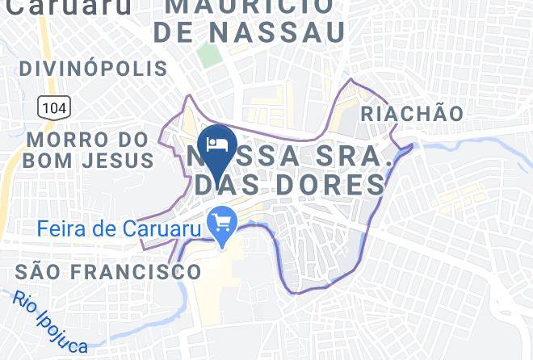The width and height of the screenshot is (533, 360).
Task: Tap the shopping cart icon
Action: (x=221, y=220)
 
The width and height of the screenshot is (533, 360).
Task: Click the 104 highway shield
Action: (x=53, y=107)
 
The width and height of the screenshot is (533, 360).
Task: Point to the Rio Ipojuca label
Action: (x=50, y=321)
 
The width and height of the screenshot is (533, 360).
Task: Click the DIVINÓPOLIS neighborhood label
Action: (x=93, y=69)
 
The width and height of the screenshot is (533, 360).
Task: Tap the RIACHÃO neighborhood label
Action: (x=412, y=114)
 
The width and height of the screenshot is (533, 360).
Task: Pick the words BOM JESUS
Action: (x=88, y=160)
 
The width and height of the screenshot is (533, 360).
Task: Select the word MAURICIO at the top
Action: (x=251, y=6)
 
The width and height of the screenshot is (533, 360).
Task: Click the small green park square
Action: (x=209, y=56)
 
